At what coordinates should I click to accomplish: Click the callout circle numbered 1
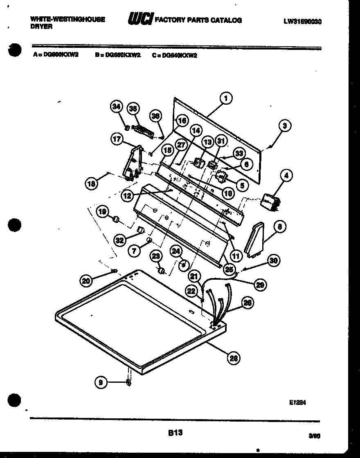[225, 98]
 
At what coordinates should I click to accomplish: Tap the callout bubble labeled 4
[286, 176]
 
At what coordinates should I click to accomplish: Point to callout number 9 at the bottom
[101, 382]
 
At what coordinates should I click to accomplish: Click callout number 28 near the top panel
[233, 359]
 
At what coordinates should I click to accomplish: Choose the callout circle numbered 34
[117, 107]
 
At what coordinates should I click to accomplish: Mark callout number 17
[117, 139]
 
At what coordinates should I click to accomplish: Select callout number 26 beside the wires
[247, 303]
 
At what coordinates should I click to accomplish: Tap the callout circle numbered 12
[127, 196]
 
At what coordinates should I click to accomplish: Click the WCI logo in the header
[140, 19]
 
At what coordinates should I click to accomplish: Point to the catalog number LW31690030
[302, 22]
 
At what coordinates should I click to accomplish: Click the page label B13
[175, 432]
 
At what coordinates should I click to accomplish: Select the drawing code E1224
[297, 402]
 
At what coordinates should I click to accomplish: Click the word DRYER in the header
[41, 26]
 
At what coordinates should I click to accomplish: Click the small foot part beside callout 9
[128, 382]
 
